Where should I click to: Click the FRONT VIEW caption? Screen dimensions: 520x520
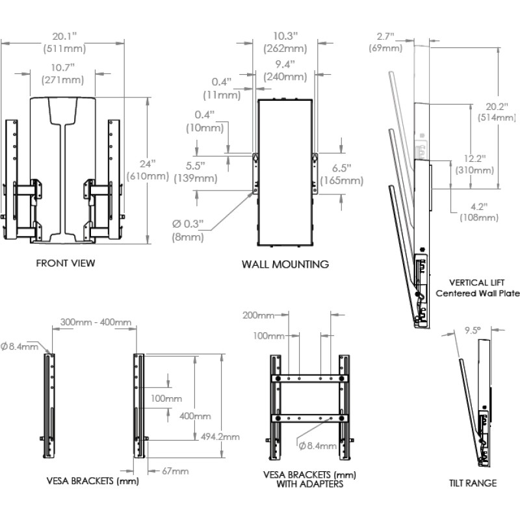66,263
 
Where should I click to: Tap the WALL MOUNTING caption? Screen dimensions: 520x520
285,265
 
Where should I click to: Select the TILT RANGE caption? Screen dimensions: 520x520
473,483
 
